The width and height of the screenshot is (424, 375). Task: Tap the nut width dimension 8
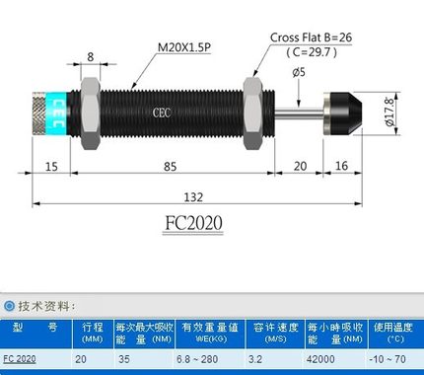pos(91,57)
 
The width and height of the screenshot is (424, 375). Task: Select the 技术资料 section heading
pos(46,306)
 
